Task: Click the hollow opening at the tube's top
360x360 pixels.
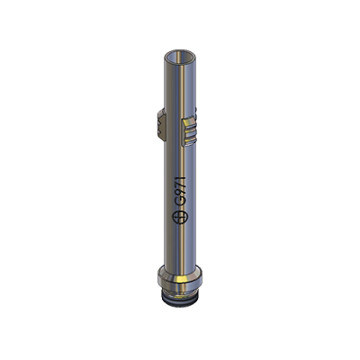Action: coord(180,58)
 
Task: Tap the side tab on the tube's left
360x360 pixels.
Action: coord(161,125)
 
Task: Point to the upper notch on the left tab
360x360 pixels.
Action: coord(158,122)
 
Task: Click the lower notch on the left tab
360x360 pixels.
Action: coord(159,130)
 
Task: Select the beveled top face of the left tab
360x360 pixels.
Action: coord(161,113)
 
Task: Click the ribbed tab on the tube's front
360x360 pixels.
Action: coord(189,132)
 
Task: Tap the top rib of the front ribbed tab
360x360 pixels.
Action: coord(190,123)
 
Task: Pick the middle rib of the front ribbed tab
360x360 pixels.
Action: coord(190,131)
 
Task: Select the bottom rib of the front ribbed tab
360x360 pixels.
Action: coord(190,139)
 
